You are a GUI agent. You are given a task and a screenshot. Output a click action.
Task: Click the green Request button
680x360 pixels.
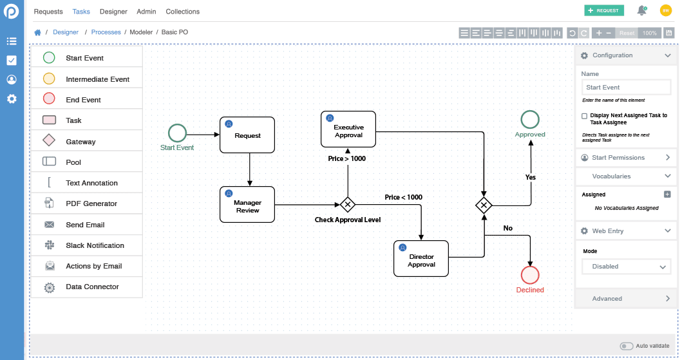(603, 10)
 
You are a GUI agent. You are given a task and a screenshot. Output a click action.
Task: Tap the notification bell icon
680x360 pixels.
(641, 10)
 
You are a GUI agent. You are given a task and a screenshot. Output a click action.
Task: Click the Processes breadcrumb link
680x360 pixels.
(106, 32)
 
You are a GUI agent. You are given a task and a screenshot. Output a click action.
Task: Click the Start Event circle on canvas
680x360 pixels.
(177, 133)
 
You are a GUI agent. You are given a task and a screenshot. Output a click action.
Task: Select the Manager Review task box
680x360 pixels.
(247, 205)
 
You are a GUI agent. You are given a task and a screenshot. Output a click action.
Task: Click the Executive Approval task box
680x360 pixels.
(348, 129)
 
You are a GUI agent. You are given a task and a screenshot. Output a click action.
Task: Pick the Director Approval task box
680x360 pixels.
(421, 259)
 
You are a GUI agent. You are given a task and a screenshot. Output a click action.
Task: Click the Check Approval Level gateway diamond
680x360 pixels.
(348, 205)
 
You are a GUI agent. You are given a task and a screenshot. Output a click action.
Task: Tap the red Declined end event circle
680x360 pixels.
(530, 275)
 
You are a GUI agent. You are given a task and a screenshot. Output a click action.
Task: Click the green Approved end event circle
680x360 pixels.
(530, 119)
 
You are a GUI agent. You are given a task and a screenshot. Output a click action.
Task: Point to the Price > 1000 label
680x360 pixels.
(346, 158)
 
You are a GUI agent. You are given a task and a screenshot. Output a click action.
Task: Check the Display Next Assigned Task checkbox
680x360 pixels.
(584, 116)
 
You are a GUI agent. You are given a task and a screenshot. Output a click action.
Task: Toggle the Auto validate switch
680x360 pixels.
(626, 346)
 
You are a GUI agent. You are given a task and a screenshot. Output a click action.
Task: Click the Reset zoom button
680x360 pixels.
(627, 33)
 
